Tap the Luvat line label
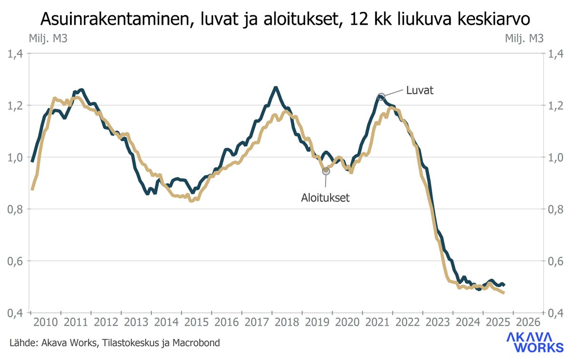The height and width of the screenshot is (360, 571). point(419,90)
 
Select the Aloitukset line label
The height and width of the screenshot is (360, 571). point(325,197)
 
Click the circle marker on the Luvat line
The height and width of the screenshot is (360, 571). point(381,97)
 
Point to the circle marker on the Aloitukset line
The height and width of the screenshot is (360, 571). point(326,171)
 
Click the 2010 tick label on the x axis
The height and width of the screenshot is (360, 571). point(46,321)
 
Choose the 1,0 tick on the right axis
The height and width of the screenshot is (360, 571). point(555,157)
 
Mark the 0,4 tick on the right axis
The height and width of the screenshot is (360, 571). point(555,313)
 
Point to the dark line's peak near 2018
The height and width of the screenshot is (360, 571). point(275,88)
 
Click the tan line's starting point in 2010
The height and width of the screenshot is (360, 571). point(32,189)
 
